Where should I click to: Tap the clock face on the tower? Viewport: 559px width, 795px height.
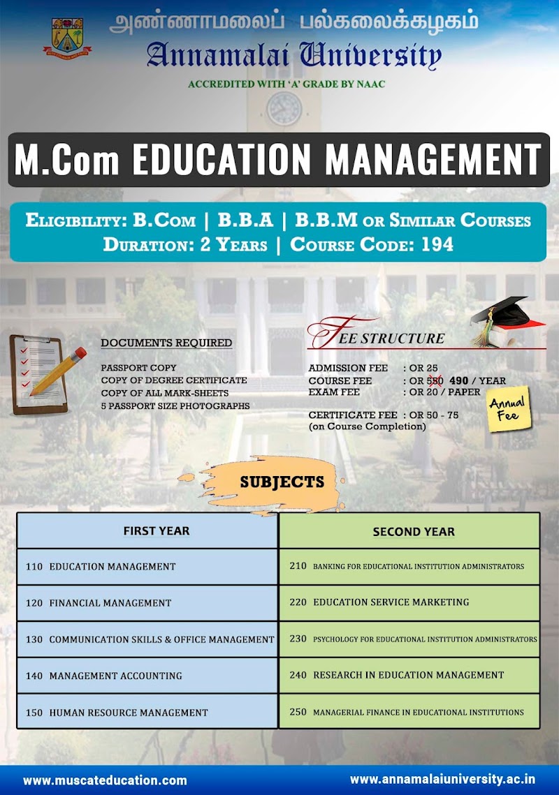[x=284, y=109]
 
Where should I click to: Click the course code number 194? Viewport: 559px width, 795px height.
[x=437, y=244]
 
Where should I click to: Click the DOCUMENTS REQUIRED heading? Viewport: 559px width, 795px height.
[x=166, y=343]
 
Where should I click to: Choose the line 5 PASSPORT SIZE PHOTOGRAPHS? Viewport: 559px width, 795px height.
[x=175, y=406]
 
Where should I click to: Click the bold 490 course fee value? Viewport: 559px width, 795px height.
[x=458, y=380]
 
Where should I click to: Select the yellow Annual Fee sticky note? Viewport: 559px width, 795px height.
[x=509, y=410]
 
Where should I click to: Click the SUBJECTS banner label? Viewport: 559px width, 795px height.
[x=282, y=482]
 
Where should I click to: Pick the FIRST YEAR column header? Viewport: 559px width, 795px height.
[x=156, y=531]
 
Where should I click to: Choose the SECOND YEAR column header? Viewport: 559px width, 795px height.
[x=414, y=532]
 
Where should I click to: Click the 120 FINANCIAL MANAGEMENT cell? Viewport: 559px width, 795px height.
[x=147, y=602]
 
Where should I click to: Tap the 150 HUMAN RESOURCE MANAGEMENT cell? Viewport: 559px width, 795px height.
[x=147, y=712]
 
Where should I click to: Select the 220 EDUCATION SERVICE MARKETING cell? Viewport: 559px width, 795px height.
[x=409, y=602]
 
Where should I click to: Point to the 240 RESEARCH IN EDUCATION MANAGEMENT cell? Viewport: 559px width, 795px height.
[x=409, y=675]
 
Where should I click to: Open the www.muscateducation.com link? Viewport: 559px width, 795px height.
[x=105, y=780]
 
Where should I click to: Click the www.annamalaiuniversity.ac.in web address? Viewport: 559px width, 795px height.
[x=443, y=779]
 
